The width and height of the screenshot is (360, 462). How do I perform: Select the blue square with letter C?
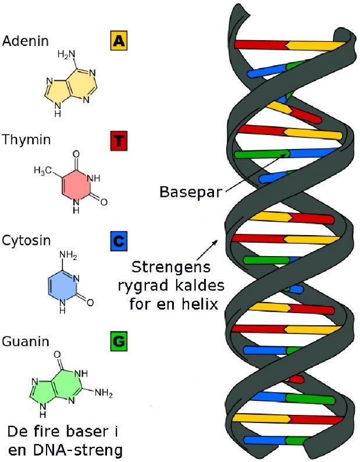click(x=119, y=240)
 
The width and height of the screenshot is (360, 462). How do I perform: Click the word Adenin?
click(x=25, y=41)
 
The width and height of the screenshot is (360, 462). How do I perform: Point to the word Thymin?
click(x=26, y=140)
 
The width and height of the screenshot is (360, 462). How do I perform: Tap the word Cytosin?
click(x=26, y=240)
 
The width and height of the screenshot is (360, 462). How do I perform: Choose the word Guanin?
click(x=26, y=340)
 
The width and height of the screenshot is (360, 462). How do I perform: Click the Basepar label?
click(x=191, y=191)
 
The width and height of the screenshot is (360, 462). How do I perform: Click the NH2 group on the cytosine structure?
click(x=68, y=255)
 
